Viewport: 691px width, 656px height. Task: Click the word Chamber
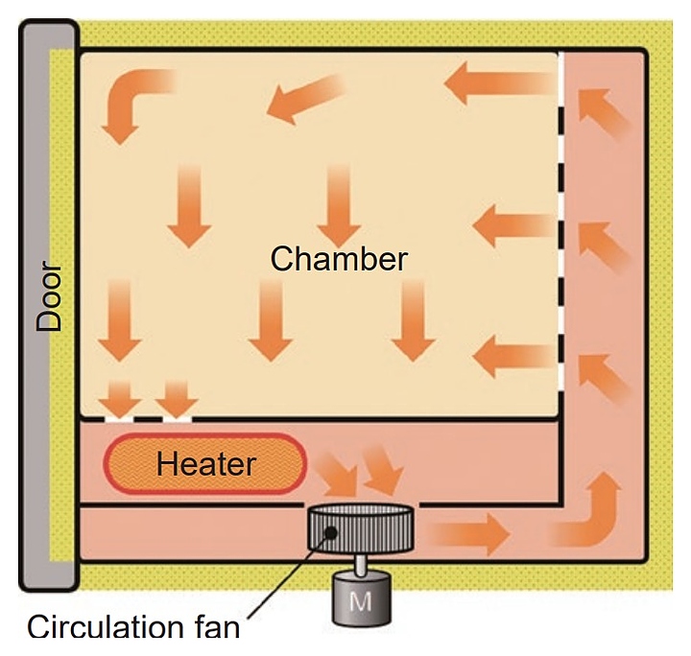[340, 259]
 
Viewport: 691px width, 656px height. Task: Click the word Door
[49, 298]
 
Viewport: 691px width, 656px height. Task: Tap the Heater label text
[206, 465]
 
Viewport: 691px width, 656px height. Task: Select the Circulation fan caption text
[133, 628]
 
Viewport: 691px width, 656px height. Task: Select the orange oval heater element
[203, 465]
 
